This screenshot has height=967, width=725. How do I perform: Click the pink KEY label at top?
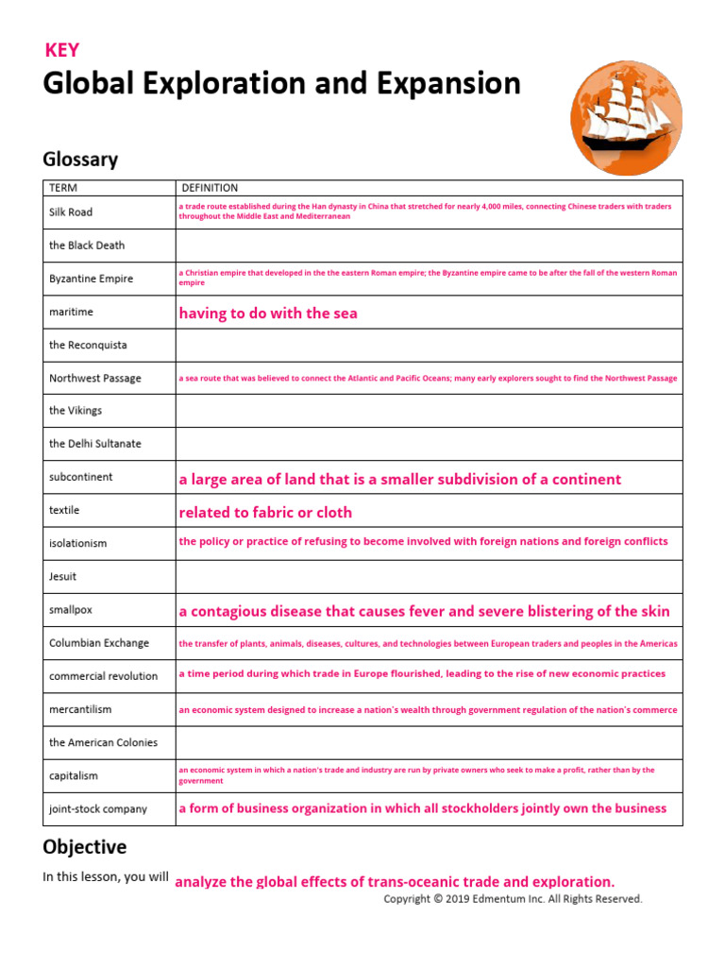pos(62,51)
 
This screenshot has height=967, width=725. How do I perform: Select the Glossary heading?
pos(80,159)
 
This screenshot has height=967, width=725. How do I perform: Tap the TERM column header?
pos(63,188)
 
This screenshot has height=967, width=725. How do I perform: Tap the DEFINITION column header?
pos(210,188)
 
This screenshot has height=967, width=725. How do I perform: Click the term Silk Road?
pos(71,212)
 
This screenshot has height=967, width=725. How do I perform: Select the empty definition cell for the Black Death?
pos(429,246)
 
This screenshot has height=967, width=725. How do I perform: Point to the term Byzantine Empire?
pos(91,279)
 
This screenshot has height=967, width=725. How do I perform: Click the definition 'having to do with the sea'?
pos(268,314)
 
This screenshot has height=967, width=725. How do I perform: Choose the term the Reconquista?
pos(88,345)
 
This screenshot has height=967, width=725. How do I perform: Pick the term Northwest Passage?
pos(94,378)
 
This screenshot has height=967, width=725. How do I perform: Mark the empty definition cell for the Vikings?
pos(429,411)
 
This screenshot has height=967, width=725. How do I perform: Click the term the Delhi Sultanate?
pos(94,444)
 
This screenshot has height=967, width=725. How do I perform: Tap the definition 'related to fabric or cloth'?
pos(265,513)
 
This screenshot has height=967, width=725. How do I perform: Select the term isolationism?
pos(77,543)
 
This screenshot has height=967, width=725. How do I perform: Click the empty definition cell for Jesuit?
pos(429,576)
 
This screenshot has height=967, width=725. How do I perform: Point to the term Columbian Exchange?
pos(98,643)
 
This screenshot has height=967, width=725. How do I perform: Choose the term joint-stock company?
pos(98,808)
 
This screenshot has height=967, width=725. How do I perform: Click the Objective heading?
pos(84,846)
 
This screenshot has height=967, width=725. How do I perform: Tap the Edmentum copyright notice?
pos(513,899)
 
